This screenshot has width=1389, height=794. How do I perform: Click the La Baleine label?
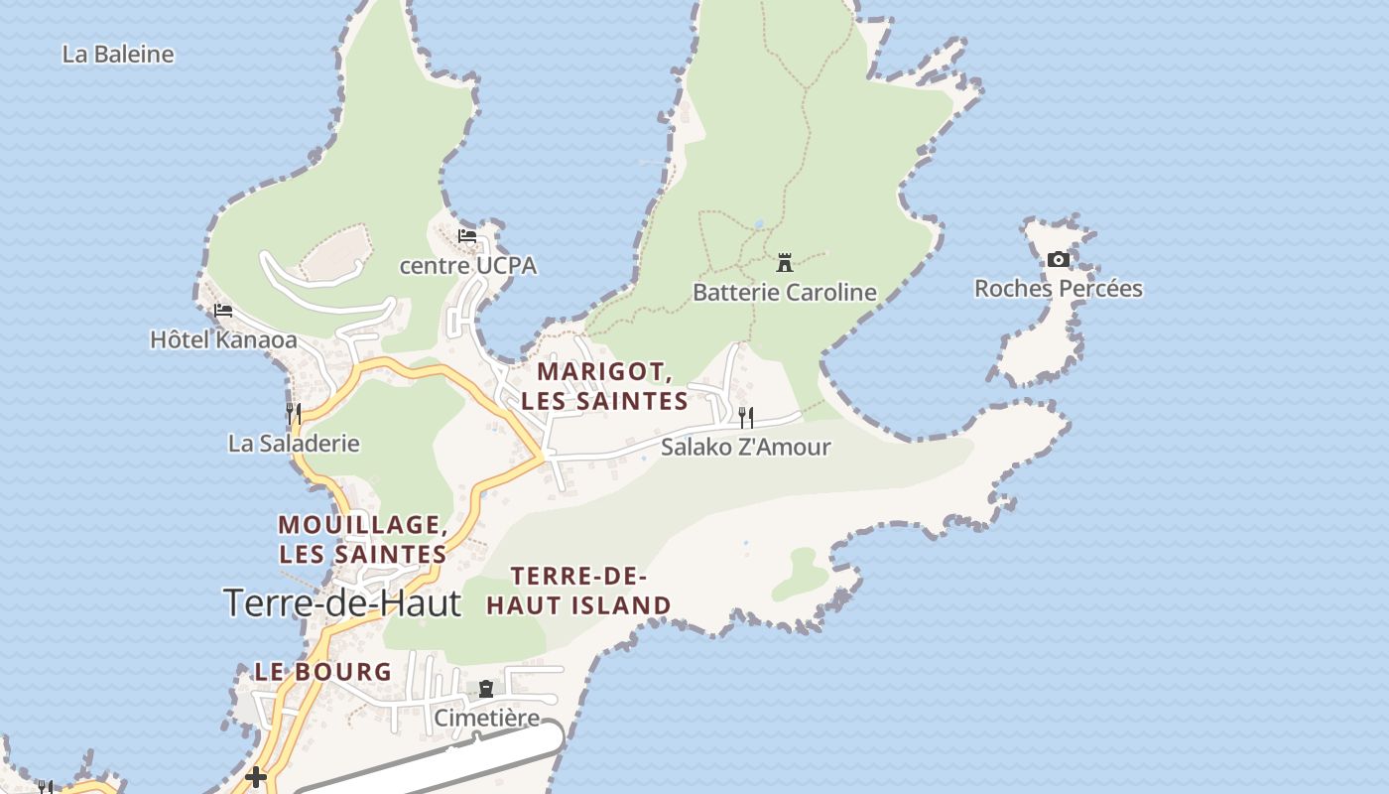[x=118, y=55]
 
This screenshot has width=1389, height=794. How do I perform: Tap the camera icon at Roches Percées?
[x=1059, y=260]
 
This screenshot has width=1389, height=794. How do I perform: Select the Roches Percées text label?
[x=1058, y=289]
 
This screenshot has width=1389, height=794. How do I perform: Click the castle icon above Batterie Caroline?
[x=785, y=263]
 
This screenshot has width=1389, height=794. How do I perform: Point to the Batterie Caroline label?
[x=784, y=293]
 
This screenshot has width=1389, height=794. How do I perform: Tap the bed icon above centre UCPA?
[x=467, y=236]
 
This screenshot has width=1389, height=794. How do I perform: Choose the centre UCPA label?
[x=467, y=266]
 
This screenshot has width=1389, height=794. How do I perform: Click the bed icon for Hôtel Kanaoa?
[x=223, y=311]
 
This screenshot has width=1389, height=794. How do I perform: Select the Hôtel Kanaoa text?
[x=223, y=339]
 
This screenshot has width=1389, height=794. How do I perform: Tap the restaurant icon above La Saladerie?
[x=294, y=413]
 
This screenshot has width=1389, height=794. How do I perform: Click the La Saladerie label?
[x=294, y=444]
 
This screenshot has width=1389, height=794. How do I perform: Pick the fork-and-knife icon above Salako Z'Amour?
[x=746, y=418]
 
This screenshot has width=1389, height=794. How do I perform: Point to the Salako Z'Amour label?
[x=745, y=448]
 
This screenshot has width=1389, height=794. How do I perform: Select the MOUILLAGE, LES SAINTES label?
[x=362, y=539]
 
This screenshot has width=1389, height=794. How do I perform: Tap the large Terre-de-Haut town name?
[x=342, y=603]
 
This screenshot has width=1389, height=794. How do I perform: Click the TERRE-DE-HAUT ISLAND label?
[x=578, y=591]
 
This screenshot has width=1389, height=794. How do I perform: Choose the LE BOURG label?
[x=323, y=672]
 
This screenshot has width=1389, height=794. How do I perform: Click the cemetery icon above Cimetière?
[x=486, y=689]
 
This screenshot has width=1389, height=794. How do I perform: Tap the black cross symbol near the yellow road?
[x=256, y=777]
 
